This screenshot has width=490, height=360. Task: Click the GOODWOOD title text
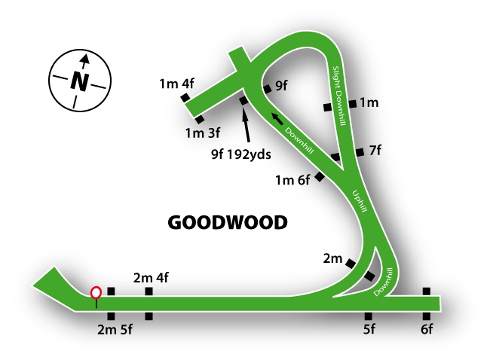(x=227, y=223)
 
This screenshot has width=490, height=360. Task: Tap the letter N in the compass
(x=78, y=81)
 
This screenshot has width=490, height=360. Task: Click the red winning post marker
(x=96, y=294)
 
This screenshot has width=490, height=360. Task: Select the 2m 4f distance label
(x=150, y=277)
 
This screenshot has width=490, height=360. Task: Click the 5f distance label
(x=369, y=329)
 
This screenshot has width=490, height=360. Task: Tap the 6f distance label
(x=427, y=329)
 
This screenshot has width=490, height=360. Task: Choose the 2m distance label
(x=332, y=259)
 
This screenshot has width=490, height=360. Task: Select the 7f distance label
(x=375, y=151)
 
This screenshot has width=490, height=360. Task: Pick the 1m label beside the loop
(x=368, y=102)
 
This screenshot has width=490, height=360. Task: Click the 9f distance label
(x=281, y=86)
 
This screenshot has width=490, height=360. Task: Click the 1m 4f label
(x=177, y=83)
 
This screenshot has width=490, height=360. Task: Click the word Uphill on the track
(x=360, y=200)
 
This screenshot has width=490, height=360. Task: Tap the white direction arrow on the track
(x=278, y=117)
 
